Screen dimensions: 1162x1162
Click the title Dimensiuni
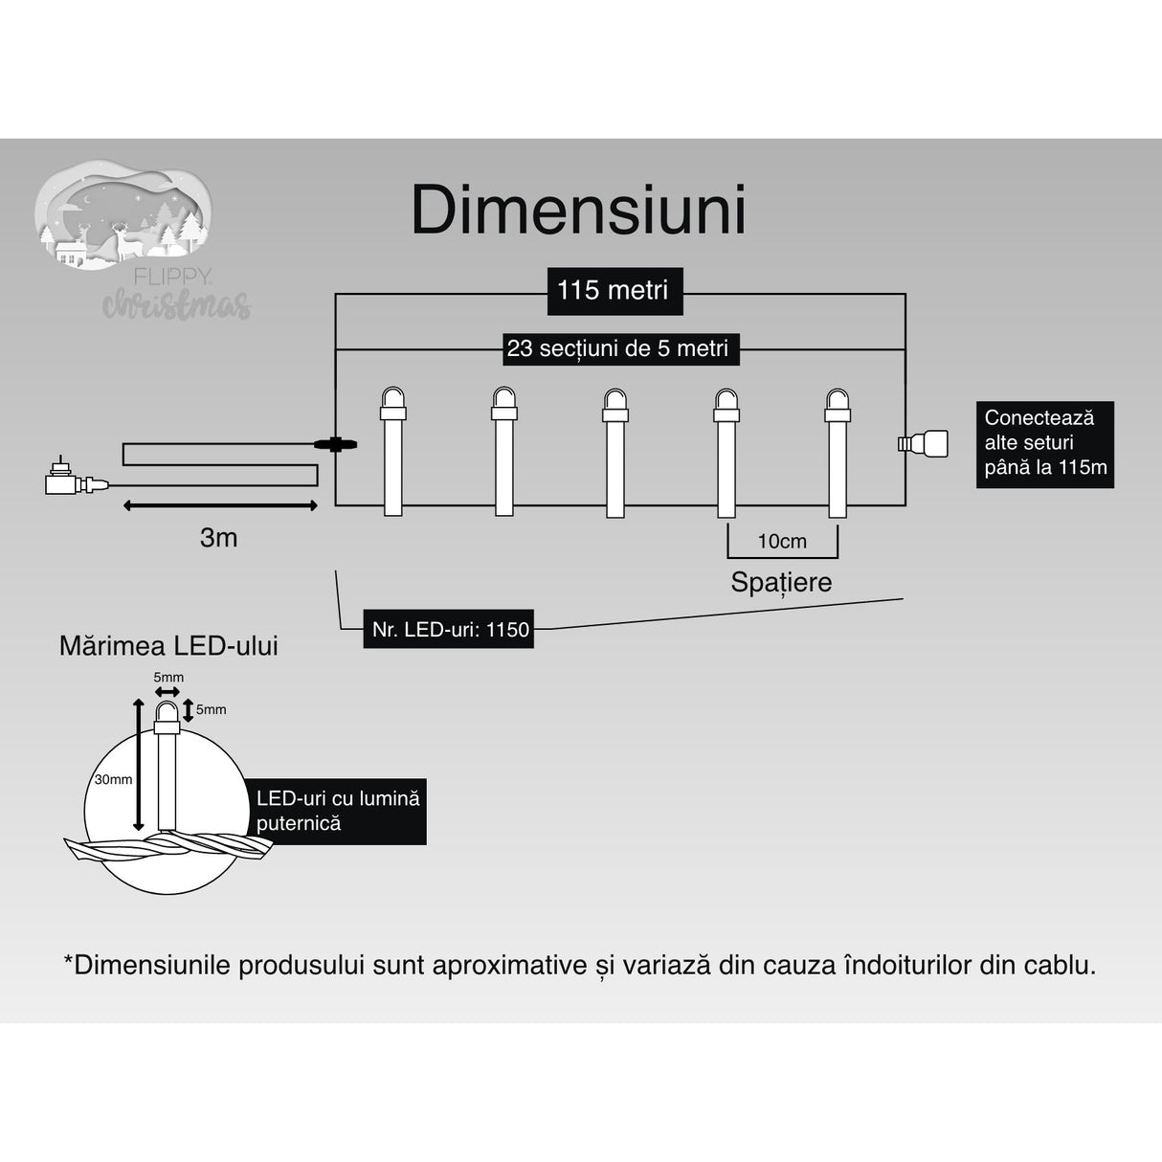[x=578, y=211]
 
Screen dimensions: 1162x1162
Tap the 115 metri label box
[x=613, y=290]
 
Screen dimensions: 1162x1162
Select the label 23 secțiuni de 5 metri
[x=617, y=348]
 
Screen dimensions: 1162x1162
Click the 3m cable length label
[x=218, y=538]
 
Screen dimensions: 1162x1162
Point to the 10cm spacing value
[x=782, y=542]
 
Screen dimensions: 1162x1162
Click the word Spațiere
[x=781, y=582]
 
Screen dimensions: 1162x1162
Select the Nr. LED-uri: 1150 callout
[x=448, y=630]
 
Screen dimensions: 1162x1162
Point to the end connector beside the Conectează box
[x=923, y=442]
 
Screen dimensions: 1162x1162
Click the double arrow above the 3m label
[x=219, y=504]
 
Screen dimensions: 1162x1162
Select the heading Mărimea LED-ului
[x=168, y=646]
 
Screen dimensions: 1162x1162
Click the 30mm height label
[x=113, y=779]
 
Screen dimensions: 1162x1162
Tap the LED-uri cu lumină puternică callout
[x=339, y=811]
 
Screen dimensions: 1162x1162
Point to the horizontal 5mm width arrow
[x=168, y=691]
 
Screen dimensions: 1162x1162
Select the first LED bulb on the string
[x=393, y=450]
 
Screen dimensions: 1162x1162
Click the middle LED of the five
[x=615, y=450]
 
